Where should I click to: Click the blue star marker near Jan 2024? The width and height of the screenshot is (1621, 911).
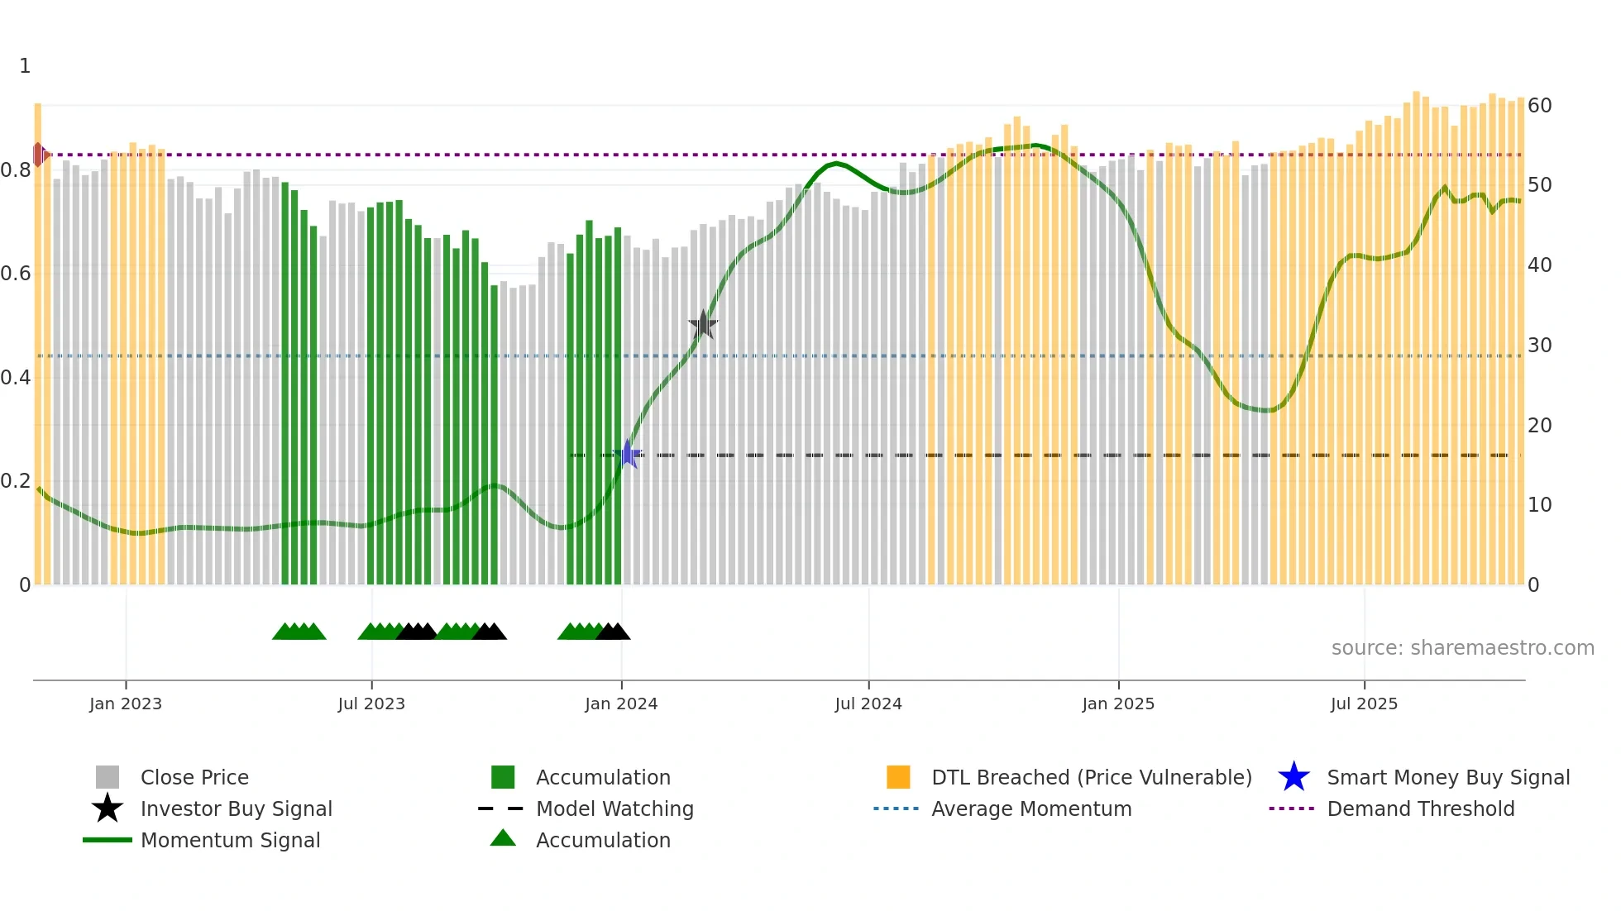629,455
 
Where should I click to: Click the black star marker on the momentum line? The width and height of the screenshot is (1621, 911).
703,325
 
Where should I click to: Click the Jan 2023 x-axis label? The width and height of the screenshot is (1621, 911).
126,704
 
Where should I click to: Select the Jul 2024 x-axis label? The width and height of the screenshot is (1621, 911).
868,704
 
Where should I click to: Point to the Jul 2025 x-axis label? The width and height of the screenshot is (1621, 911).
1364,704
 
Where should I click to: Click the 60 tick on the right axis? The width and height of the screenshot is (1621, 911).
1539,106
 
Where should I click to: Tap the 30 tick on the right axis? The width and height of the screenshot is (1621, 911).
1539,346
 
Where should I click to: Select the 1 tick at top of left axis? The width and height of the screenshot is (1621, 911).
25,66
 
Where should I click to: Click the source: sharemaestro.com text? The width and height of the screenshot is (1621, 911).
1462,648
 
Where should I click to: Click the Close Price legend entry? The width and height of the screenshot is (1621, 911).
194,777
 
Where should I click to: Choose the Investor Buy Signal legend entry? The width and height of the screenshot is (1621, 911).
236,808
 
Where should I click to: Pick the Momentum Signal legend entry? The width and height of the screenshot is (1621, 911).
230,840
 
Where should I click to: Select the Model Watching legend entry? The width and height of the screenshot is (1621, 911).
614,808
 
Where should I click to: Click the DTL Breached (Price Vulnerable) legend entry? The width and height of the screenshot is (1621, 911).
1091,777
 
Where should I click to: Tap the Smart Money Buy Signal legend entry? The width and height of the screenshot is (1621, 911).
1447,777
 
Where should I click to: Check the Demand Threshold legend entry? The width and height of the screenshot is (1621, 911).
1420,808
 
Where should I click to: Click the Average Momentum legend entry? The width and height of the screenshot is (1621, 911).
1031,808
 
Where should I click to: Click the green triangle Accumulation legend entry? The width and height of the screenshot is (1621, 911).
603,840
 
